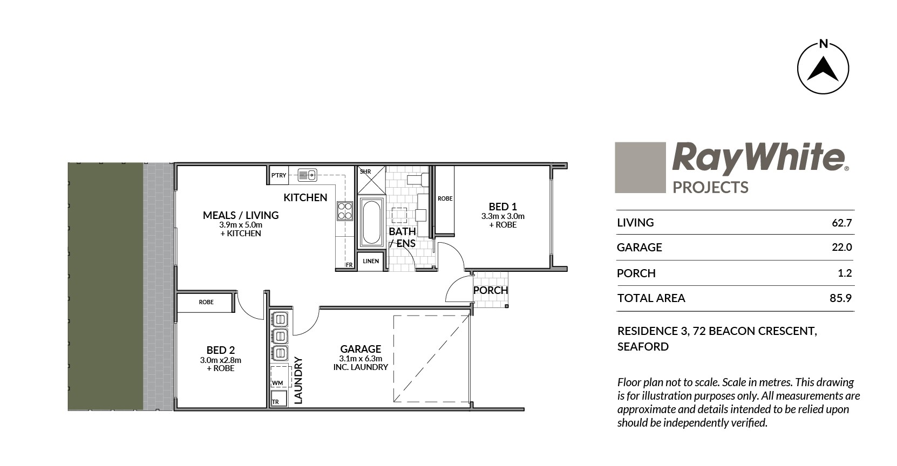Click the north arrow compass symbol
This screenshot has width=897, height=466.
(x=823, y=67)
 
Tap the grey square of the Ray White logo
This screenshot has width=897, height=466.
(x=640, y=167)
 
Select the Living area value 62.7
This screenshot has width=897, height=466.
(x=842, y=223)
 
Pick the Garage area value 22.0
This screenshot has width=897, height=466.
(x=842, y=247)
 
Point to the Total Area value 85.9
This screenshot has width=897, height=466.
(x=840, y=298)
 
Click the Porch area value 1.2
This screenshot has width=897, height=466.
(x=845, y=273)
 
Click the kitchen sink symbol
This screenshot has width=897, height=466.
(x=308, y=175)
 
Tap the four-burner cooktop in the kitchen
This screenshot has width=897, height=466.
(x=345, y=211)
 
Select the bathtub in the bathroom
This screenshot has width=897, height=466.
(x=371, y=223)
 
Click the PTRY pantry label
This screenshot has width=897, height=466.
(x=278, y=175)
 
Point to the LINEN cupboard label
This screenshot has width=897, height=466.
(x=371, y=261)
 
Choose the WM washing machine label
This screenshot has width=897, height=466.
(x=277, y=383)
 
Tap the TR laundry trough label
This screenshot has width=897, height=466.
(x=275, y=401)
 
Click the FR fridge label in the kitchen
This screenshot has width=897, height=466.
(x=349, y=265)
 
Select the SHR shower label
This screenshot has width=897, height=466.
(x=365, y=172)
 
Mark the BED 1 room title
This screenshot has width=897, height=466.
(x=502, y=207)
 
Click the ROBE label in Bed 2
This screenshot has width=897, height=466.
(x=206, y=302)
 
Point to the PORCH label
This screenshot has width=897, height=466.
(x=491, y=290)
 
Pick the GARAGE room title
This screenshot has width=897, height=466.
(x=361, y=349)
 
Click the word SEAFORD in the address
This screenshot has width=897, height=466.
(x=643, y=346)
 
